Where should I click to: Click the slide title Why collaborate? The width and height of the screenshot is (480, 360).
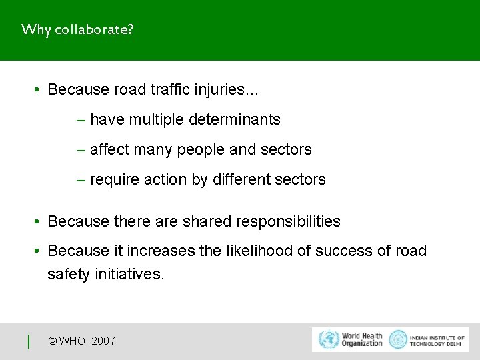point(77,30)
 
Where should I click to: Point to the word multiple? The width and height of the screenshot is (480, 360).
point(157,120)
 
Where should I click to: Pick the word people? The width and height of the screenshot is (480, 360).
point(201,150)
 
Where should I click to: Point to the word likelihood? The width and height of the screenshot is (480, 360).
point(237,251)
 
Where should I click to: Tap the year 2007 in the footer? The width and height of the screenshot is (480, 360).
point(103,341)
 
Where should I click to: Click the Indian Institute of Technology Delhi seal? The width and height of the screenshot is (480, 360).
point(398,339)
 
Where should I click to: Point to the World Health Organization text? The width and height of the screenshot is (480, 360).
point(362,339)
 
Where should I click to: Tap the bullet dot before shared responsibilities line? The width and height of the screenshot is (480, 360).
point(39,221)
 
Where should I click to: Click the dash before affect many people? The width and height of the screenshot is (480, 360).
point(81,150)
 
